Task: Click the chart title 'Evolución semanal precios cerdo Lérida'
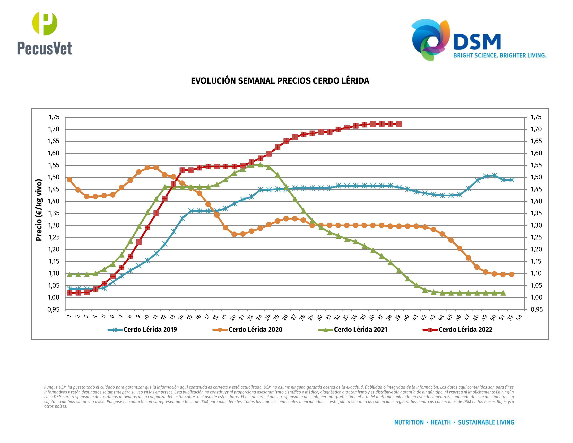point(280,81)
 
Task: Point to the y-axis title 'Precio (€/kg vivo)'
point(39,210)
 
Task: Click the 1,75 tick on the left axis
point(54,117)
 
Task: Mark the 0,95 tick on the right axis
point(536,310)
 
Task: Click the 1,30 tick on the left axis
point(54,225)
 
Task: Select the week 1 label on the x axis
point(69,316)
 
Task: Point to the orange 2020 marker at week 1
point(69,180)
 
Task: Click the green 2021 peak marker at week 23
point(260,165)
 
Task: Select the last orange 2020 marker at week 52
point(511,274)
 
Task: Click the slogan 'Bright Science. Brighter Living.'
point(500,56)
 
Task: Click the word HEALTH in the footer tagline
point(441,422)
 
